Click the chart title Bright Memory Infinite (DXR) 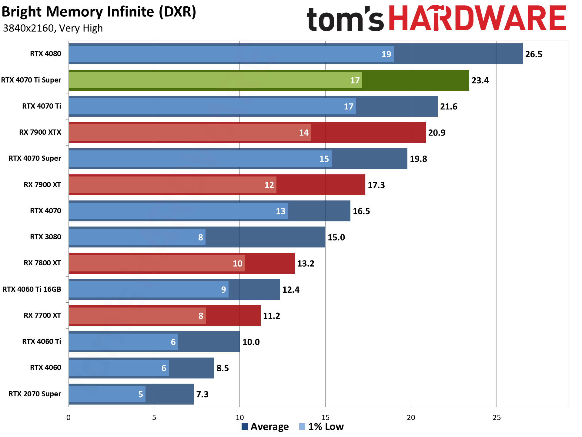[99, 12]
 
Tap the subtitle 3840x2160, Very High [53, 28]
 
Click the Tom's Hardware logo [436, 19]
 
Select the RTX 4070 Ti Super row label [31, 80]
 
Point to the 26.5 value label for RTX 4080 [533, 54]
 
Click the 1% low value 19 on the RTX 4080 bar [386, 54]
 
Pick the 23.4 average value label [480, 80]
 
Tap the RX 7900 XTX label [40, 132]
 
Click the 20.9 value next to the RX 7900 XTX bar [436, 133]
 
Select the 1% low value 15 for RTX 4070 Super [324, 159]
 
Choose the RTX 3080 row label [45, 237]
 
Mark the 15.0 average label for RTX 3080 [336, 237]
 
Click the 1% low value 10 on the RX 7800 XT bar [237, 264]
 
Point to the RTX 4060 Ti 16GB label [32, 289]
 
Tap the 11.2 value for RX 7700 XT [271, 316]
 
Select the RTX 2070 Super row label [35, 394]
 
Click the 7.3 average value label [202, 394]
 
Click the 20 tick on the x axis [411, 418]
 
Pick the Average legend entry [265, 427]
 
